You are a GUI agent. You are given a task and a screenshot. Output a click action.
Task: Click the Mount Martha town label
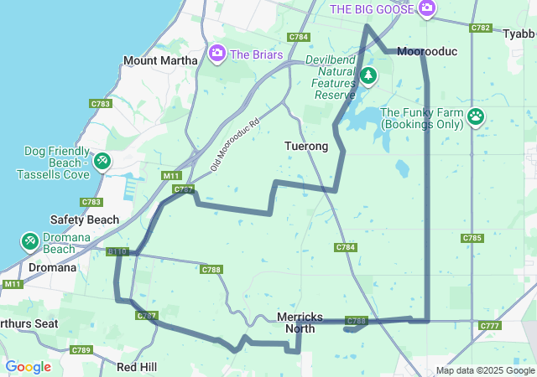click(x=160, y=60)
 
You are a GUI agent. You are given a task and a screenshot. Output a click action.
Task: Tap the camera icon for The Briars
click(x=217, y=54)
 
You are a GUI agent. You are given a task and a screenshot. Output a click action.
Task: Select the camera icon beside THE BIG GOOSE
click(x=427, y=8)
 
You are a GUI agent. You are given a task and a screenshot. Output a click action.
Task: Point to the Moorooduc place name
click(x=427, y=51)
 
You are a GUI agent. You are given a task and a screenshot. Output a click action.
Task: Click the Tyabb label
click(x=519, y=34)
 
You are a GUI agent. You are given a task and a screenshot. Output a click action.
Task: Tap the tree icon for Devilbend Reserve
click(x=368, y=76)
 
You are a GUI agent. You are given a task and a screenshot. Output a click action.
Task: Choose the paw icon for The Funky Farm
click(x=477, y=115)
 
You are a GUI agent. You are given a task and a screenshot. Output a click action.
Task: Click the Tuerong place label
click(x=305, y=146)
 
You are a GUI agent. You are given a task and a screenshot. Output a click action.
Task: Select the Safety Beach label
click(x=84, y=219)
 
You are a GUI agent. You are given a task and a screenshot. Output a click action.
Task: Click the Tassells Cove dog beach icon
click(x=102, y=160)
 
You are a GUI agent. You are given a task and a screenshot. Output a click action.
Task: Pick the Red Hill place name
click(x=137, y=367)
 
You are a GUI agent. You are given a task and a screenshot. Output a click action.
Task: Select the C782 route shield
click(x=481, y=28)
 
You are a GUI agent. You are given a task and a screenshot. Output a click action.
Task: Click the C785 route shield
click(x=472, y=238)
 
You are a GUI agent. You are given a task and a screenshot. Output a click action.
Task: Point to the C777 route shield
click(x=489, y=325)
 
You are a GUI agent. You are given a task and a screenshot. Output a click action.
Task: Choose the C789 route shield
click(x=81, y=349)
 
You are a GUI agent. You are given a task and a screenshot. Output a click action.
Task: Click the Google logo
click(x=28, y=367)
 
